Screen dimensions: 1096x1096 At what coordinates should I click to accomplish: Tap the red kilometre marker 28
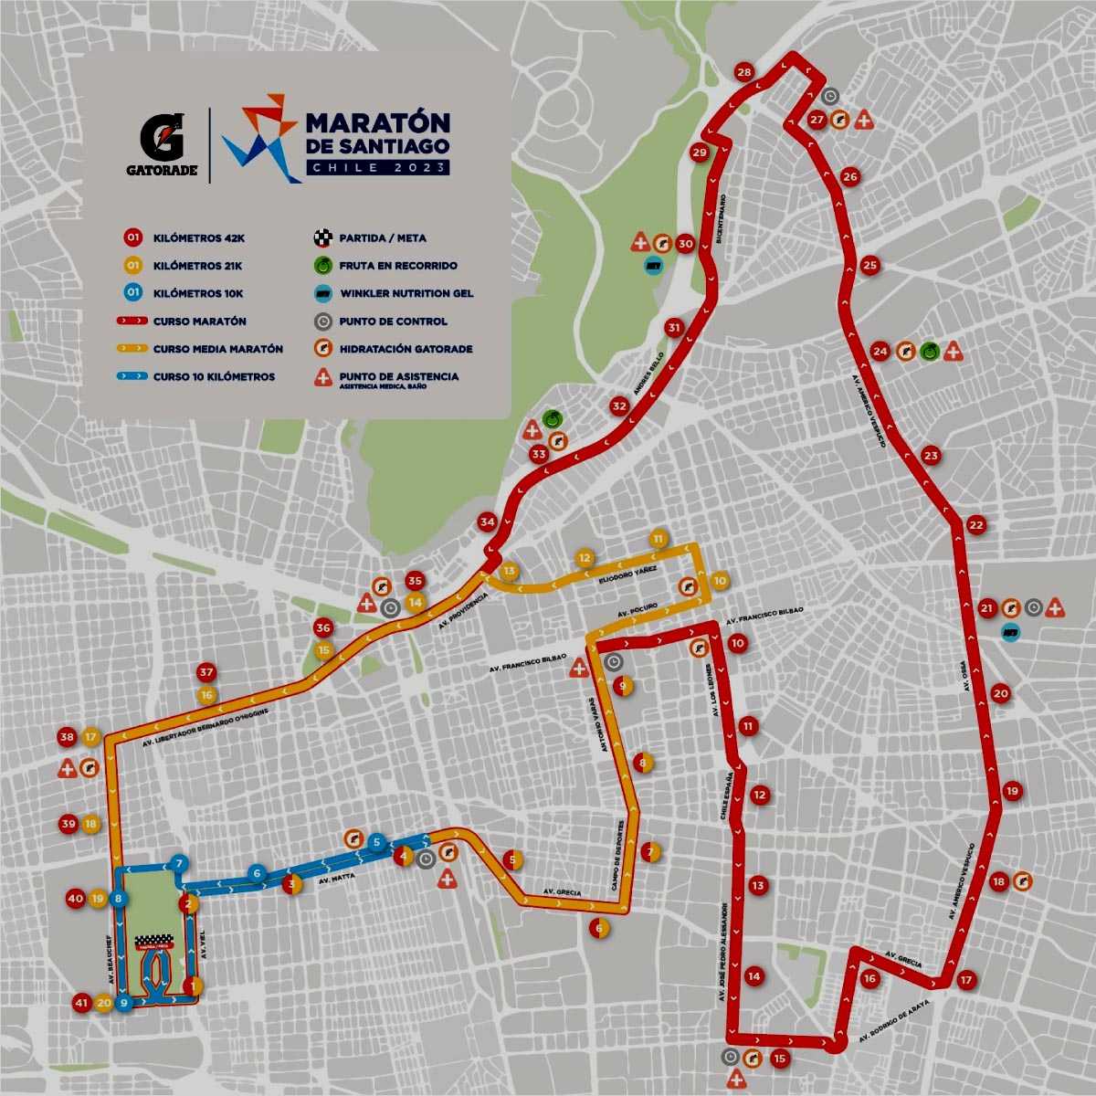point(744,73)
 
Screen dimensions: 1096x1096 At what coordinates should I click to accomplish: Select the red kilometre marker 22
point(976,525)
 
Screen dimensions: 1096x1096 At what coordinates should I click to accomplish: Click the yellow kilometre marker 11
point(658,540)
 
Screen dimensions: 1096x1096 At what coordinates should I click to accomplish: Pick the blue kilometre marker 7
point(180,863)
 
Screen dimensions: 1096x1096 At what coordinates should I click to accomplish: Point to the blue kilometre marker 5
point(376,841)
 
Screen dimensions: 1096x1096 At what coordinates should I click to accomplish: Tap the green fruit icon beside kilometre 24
point(929,350)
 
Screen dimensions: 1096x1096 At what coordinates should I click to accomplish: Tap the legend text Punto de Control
point(393,321)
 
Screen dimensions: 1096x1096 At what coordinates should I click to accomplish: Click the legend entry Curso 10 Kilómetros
point(214,376)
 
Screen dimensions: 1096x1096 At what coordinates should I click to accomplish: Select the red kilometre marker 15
point(778,1059)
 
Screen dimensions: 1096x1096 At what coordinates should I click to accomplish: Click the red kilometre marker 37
point(206,673)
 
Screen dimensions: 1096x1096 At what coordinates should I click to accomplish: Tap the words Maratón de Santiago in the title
point(376,132)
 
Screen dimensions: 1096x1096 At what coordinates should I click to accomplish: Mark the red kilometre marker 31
point(674,328)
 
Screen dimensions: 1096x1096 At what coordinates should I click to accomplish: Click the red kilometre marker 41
point(82,1003)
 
